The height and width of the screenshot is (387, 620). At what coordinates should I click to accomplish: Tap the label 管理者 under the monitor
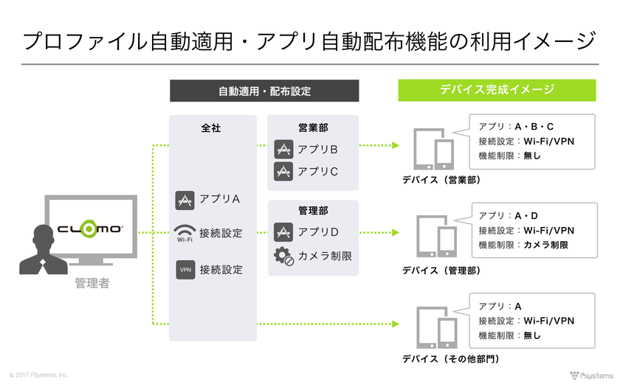pyautogui.click(x=92, y=283)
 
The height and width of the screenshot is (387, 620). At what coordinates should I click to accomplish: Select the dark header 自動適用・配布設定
pyautogui.click(x=264, y=91)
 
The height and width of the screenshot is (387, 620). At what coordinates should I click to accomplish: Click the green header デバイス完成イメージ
pyautogui.click(x=497, y=91)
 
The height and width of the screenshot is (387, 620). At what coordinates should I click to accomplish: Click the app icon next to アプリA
pyautogui.click(x=185, y=200)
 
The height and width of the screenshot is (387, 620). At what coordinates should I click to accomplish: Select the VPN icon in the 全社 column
pyautogui.click(x=185, y=270)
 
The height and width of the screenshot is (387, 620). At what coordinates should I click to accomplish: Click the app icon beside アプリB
pyautogui.click(x=283, y=150)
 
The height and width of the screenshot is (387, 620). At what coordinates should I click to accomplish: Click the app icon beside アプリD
pyautogui.click(x=283, y=232)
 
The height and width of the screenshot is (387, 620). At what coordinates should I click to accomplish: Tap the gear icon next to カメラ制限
pyautogui.click(x=283, y=256)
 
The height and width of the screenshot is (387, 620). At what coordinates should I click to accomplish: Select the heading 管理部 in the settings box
pyautogui.click(x=313, y=211)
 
